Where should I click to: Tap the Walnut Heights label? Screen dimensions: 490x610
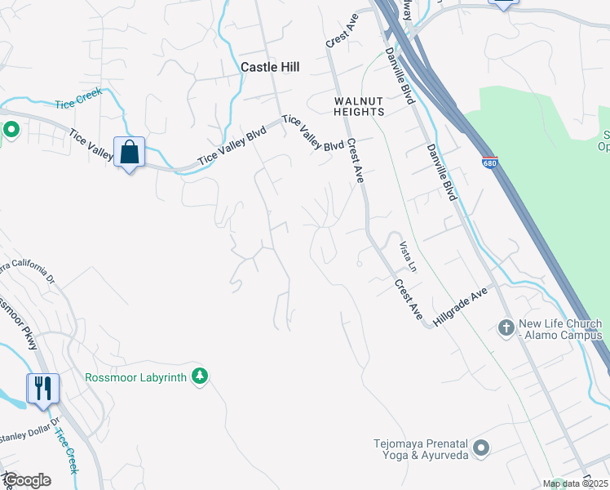359,105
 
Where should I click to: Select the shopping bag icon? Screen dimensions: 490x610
129,152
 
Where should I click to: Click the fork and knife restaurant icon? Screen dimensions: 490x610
43,388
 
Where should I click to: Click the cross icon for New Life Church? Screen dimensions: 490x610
506,328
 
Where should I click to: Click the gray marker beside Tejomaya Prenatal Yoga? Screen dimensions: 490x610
481,448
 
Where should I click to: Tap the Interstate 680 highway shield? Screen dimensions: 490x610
489,162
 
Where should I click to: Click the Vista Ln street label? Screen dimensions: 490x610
408,256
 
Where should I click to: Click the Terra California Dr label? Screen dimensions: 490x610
29,271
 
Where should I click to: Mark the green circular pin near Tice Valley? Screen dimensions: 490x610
11,129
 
